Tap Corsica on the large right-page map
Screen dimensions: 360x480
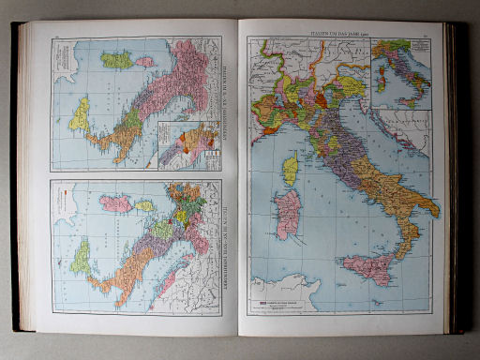pyautogui.click(x=291, y=170)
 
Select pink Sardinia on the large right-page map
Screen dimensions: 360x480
pyautogui.click(x=287, y=213)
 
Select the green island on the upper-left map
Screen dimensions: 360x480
pyautogui.click(x=118, y=60)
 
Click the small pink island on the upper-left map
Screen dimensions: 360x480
pyautogui.click(x=143, y=62)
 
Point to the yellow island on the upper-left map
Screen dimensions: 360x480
pyautogui.click(x=81, y=113)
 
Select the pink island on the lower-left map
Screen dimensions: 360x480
pyautogui.click(x=116, y=202)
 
